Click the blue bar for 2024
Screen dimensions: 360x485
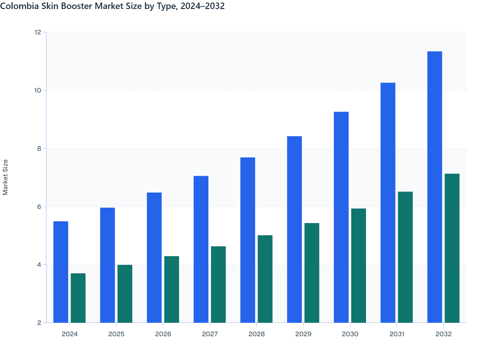click(x=61, y=272)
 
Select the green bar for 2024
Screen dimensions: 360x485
click(x=78, y=298)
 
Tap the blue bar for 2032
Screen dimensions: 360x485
click(x=435, y=187)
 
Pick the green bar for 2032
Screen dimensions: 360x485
click(x=452, y=248)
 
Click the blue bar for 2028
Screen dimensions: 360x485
click(x=248, y=240)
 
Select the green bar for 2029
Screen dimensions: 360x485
click(x=312, y=273)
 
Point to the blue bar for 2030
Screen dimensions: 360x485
click(x=341, y=217)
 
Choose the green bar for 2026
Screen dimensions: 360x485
click(x=171, y=289)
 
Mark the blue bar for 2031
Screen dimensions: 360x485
click(x=388, y=203)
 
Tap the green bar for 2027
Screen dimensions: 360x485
click(x=218, y=284)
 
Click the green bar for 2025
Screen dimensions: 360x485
click(x=125, y=294)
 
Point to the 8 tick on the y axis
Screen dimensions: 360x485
click(x=39, y=148)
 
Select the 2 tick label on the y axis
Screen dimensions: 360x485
click(x=39, y=323)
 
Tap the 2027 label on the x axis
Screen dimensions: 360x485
click(x=210, y=334)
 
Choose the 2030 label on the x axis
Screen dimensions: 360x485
click(x=350, y=334)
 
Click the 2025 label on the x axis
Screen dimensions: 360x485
click(x=116, y=334)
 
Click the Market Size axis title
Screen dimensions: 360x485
click(x=5, y=177)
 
